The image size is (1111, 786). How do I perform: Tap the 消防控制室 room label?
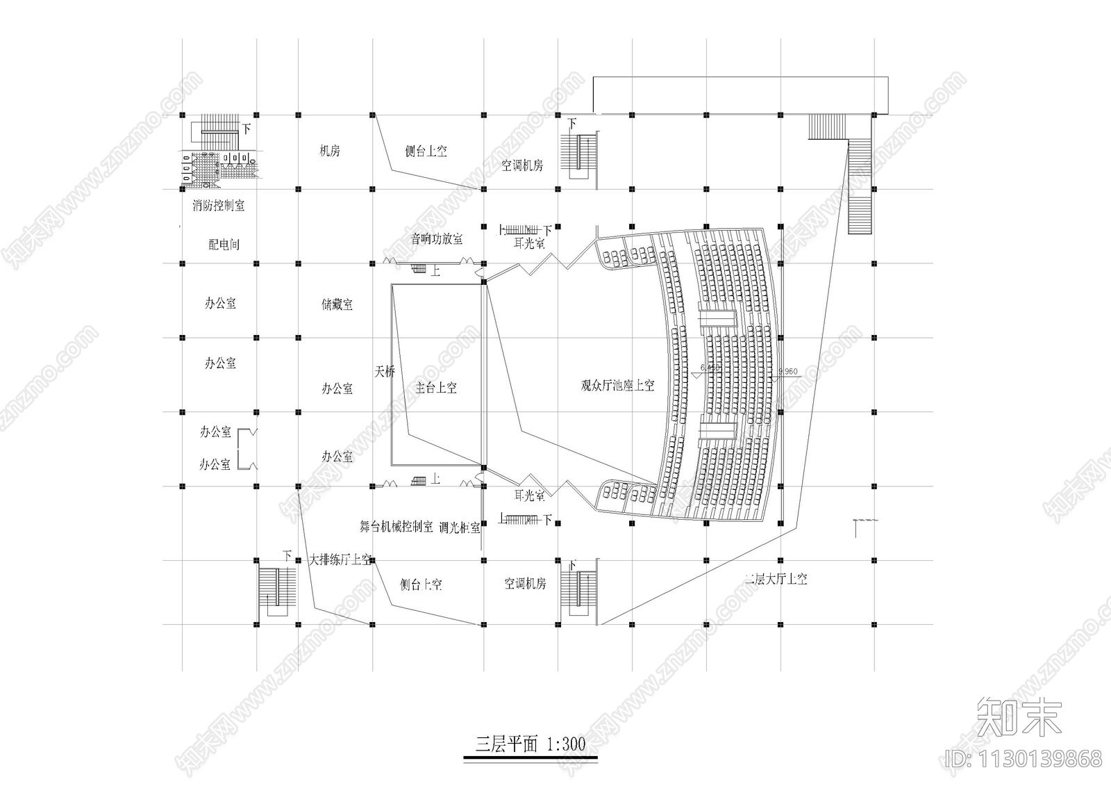219,206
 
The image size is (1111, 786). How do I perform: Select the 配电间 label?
224,245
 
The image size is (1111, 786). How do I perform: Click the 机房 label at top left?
329,151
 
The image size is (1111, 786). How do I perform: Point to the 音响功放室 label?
437,239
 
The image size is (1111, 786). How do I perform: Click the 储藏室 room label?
337,304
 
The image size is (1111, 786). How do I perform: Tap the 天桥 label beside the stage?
385,372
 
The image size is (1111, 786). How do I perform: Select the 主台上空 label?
436,388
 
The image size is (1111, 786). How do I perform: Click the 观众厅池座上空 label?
617,385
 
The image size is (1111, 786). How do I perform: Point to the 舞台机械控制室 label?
396,527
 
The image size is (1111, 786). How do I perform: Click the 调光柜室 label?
460,527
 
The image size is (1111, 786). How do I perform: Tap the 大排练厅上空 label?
340,560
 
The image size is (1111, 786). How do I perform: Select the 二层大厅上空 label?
776,579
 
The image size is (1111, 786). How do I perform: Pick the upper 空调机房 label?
522,165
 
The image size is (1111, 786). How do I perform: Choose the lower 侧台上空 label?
421,584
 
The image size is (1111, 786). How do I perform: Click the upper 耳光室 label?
529,244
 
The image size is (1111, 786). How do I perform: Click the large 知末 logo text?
1019,717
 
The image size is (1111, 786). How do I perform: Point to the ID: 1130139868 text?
1021,758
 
